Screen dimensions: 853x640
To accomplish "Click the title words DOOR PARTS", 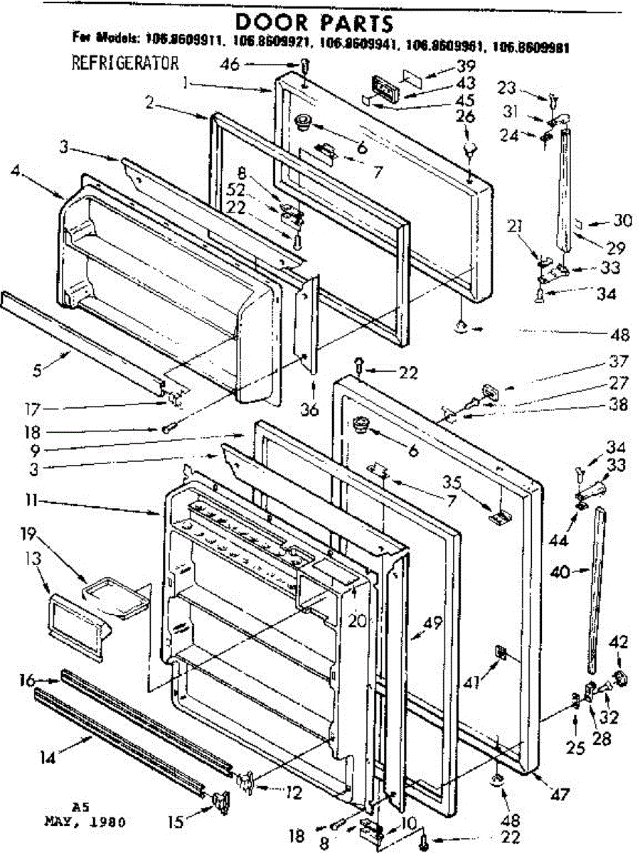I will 314,22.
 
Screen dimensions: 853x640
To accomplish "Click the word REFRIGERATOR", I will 124,63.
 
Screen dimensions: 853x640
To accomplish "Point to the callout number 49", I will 432,623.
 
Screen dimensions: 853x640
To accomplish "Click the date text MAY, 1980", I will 85,822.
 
